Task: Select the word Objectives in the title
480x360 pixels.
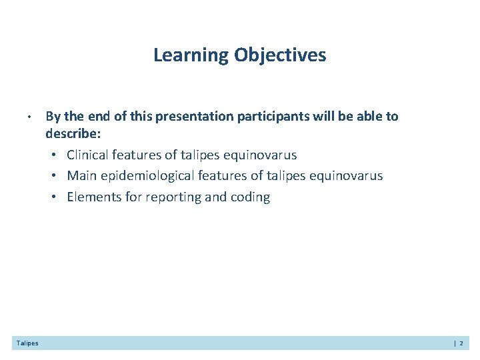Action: (280, 55)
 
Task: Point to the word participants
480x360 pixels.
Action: (268, 117)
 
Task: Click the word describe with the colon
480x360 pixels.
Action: (73, 134)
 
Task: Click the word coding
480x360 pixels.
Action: (249, 197)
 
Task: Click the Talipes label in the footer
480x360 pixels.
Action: (27, 343)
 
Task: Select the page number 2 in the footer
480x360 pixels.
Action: (461, 343)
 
